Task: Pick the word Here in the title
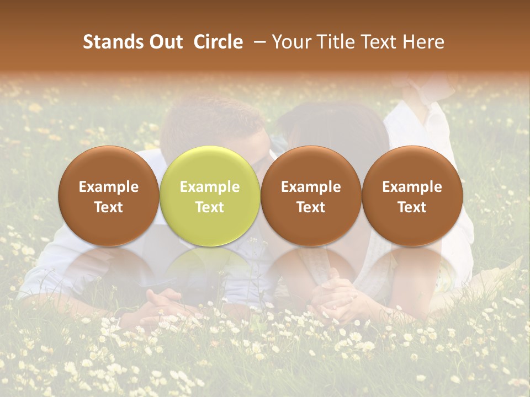(x=424, y=42)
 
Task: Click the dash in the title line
(x=258, y=42)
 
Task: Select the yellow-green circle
(x=210, y=196)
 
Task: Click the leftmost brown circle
(x=109, y=196)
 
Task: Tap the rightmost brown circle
(x=412, y=196)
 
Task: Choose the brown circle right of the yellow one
(x=311, y=196)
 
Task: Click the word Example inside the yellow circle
(x=210, y=187)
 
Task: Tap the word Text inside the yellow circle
(x=210, y=207)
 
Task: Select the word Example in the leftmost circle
(x=109, y=187)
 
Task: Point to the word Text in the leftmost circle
(x=109, y=207)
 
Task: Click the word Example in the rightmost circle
(x=412, y=187)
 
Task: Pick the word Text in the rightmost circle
(x=412, y=207)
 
